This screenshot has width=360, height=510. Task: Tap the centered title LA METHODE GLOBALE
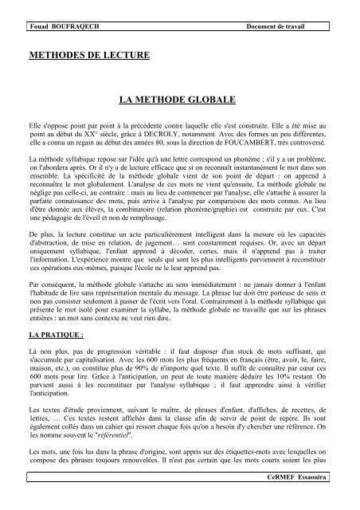tap(180, 103)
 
